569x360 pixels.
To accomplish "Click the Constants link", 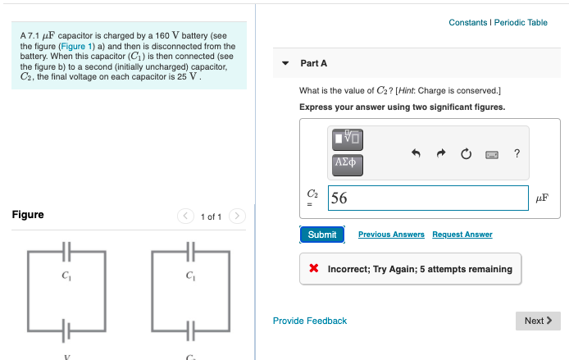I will [467, 22].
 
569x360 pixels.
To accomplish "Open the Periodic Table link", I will [521, 22].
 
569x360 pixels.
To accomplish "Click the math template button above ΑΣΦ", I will [348, 138].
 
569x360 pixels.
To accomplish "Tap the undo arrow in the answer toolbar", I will [416, 153].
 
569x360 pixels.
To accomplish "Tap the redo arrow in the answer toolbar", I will [440, 153].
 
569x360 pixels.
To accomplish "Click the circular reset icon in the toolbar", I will [466, 153].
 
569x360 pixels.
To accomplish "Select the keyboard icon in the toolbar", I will [492, 153].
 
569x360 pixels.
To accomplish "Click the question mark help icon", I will [517, 153].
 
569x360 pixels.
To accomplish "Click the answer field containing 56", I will [427, 198].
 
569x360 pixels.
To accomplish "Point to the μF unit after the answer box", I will [541, 198].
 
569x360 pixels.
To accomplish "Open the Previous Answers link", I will [391, 235].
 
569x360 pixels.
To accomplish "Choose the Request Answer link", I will [462, 235].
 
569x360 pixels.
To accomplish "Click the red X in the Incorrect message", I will [314, 269].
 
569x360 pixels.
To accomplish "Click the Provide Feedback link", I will [310, 321].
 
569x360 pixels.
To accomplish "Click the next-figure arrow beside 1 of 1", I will [237, 216].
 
